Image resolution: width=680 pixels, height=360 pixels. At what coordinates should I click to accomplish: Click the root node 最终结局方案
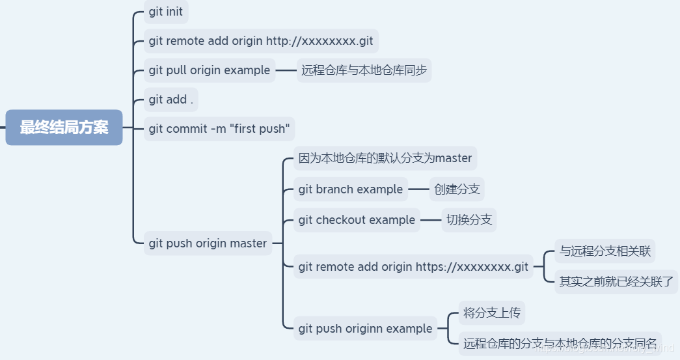64,128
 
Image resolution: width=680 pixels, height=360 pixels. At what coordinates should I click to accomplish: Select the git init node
166,12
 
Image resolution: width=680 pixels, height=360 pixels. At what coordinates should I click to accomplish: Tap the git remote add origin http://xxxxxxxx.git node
261,41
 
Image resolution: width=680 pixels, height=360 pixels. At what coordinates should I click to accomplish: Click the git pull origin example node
210,70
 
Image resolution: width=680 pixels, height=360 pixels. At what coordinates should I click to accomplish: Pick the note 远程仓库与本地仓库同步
364,70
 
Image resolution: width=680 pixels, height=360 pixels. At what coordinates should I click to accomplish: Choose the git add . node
170,100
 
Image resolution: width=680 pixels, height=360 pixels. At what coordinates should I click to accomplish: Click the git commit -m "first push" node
219,129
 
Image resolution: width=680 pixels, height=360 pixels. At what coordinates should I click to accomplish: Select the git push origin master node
208,243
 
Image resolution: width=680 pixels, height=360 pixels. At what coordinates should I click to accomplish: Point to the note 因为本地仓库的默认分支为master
385,158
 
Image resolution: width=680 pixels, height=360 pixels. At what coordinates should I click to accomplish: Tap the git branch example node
351,189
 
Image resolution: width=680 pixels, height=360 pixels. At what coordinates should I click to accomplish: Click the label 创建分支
457,189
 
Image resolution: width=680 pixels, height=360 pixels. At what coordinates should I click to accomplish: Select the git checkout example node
357,220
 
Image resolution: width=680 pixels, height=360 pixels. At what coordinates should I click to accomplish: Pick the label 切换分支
469,220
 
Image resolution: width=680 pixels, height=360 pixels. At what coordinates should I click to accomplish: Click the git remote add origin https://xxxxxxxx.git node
413,267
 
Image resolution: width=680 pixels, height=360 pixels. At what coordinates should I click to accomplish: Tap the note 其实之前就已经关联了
616,282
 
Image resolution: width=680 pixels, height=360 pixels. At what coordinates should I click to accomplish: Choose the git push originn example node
365,329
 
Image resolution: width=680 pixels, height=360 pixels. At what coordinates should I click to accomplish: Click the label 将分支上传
491,313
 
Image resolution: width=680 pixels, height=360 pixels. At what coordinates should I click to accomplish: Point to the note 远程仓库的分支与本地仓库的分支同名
560,343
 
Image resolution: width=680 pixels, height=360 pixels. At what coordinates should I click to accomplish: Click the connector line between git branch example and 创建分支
418,189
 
